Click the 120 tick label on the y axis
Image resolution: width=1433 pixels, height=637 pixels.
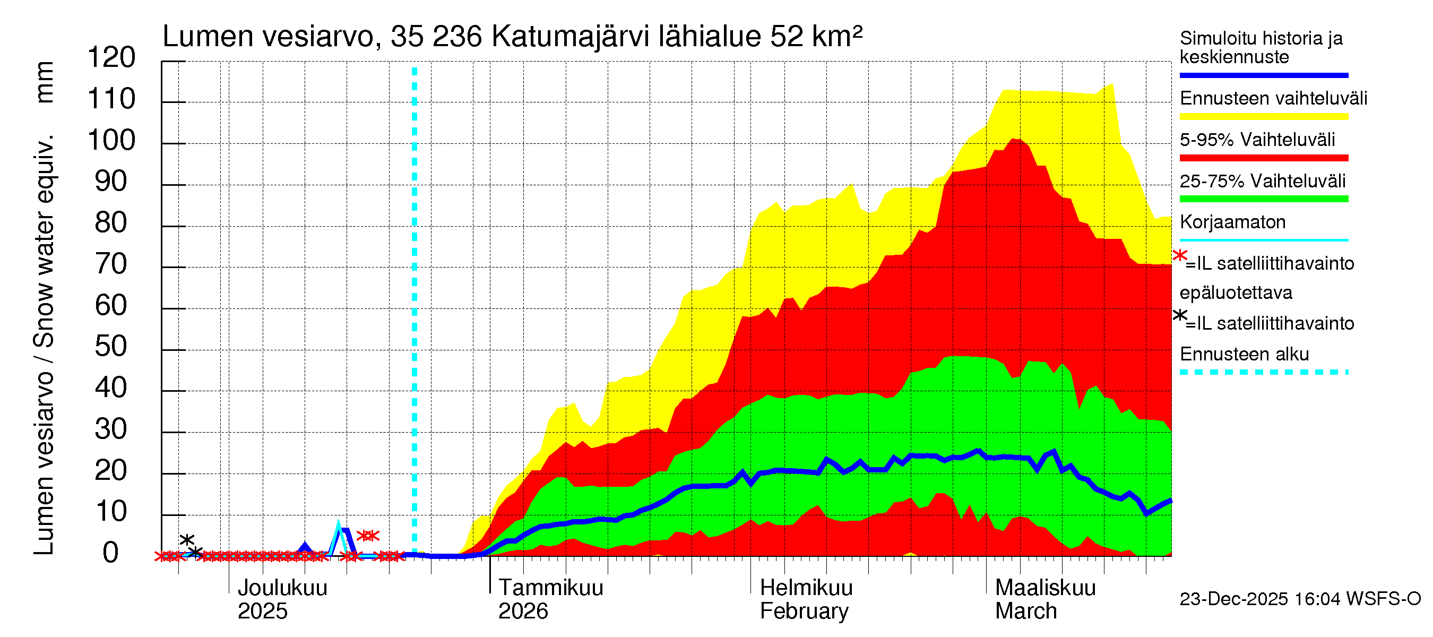(111, 58)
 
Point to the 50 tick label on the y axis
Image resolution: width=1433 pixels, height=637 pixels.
(111, 347)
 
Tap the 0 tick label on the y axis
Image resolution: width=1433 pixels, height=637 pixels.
(111, 553)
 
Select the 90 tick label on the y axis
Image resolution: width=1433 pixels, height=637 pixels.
(111, 182)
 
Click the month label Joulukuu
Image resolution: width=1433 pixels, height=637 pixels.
(282, 588)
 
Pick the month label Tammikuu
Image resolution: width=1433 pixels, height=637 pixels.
(551, 588)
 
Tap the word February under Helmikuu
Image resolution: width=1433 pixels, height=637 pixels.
(804, 612)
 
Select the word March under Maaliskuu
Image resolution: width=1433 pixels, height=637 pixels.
(1026, 612)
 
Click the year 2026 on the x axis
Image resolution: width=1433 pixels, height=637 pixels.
(523, 612)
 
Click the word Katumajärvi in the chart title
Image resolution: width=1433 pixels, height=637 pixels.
(570, 37)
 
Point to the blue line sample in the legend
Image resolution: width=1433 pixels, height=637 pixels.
(1263, 75)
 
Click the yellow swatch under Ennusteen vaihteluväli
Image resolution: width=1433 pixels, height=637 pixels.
(1263, 117)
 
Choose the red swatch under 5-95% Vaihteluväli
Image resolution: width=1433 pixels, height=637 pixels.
(1263, 158)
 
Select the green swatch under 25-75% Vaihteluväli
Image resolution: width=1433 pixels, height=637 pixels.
(1263, 199)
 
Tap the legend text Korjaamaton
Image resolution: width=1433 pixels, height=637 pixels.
(1232, 222)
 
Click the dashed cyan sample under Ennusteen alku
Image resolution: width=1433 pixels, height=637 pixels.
(1263, 372)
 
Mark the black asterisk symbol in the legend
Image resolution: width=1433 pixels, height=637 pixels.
(1179, 316)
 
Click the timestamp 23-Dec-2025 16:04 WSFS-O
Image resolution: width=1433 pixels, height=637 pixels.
(1300, 599)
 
